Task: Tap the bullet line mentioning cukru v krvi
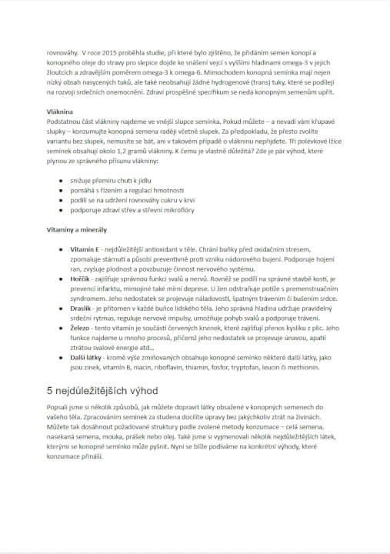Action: click(126, 199)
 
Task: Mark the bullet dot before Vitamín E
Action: click(61, 251)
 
